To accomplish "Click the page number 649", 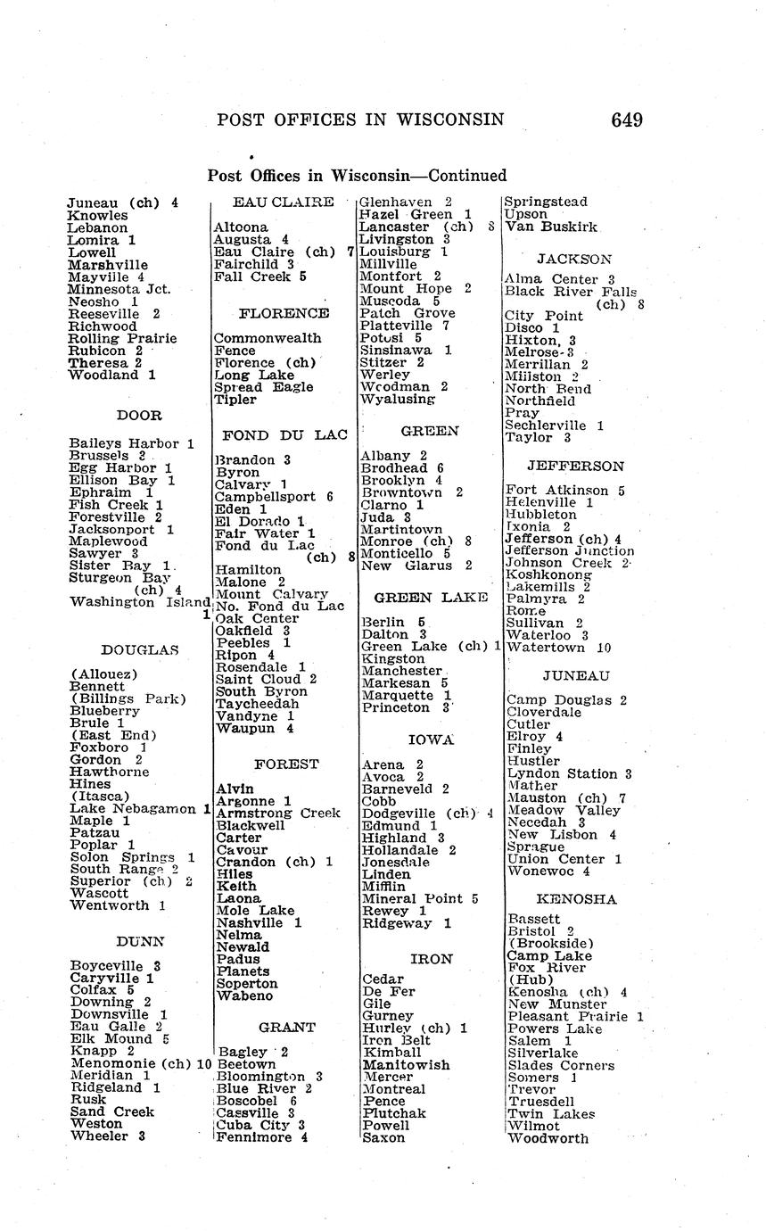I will click(x=627, y=120).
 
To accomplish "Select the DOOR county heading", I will click(x=139, y=415).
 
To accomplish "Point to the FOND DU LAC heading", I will click(x=284, y=435).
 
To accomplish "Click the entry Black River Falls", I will click(x=570, y=292).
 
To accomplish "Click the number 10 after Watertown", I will click(x=604, y=648).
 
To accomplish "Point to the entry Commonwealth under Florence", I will click(x=268, y=338).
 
